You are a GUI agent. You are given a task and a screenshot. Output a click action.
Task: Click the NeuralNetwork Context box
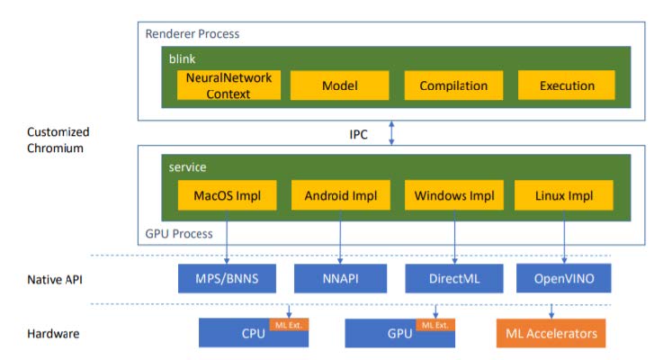click(228, 85)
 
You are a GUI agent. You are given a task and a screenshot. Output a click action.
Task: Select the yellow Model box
click(339, 85)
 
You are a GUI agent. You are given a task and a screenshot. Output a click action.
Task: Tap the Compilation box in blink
click(453, 85)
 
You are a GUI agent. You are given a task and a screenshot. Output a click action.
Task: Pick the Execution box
click(567, 85)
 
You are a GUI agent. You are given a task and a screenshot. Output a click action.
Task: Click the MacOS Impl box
click(227, 195)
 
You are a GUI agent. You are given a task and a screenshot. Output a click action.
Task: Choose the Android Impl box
click(341, 195)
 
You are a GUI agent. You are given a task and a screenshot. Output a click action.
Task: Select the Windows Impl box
click(454, 195)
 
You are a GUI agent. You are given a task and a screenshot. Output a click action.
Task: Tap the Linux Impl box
click(564, 195)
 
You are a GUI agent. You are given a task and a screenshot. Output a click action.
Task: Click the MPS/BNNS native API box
click(227, 278)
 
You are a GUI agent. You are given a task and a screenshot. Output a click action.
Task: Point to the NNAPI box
click(340, 278)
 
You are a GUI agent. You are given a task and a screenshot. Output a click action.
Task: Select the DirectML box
click(454, 278)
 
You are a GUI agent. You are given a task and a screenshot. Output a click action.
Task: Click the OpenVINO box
click(564, 278)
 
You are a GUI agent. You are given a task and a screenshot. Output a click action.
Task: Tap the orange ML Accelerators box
click(551, 333)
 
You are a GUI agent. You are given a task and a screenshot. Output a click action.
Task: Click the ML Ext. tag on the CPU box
click(289, 325)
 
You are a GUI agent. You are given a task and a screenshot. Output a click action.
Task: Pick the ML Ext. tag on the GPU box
click(435, 325)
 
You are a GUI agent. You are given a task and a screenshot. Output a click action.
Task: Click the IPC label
click(359, 134)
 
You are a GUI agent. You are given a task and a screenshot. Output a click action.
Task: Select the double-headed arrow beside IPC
click(391, 133)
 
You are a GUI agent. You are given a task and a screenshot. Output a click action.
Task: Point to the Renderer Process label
click(193, 34)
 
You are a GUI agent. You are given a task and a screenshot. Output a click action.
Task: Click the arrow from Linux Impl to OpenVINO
click(564, 237)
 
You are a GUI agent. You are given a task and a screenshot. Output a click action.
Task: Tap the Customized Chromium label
click(58, 140)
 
